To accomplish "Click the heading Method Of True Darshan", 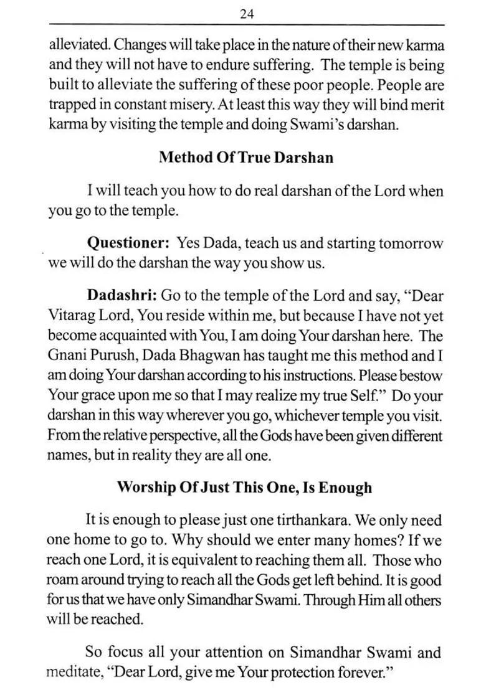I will [x=245, y=158].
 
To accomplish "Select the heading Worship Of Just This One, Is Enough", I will [x=244, y=487].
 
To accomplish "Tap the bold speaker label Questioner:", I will [x=128, y=243].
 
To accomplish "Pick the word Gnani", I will [x=67, y=356].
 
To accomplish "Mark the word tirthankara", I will [x=310, y=519].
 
